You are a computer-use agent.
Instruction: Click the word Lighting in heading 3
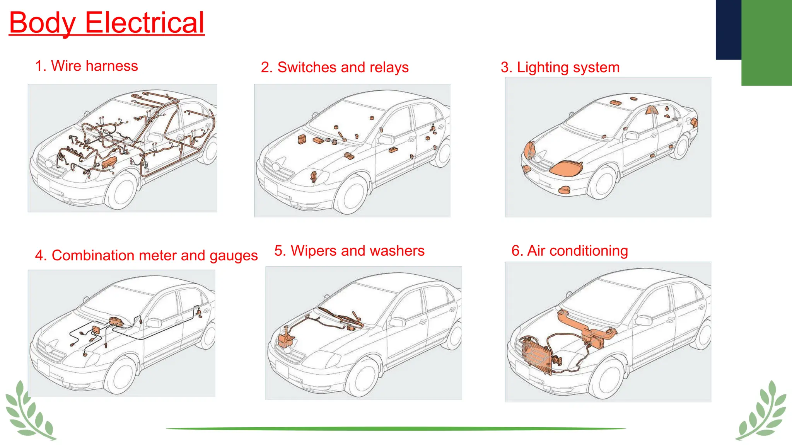coord(542,67)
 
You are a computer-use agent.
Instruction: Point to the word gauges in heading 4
coord(234,256)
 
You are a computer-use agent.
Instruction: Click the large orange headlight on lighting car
coord(566,168)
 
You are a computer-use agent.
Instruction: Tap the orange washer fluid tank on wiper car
coord(285,340)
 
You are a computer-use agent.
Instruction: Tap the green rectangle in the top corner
coord(766,42)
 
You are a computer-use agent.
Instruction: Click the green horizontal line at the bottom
coord(396,428)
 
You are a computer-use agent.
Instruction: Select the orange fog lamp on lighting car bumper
coord(565,190)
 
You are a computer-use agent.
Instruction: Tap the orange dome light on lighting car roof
coord(615,103)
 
